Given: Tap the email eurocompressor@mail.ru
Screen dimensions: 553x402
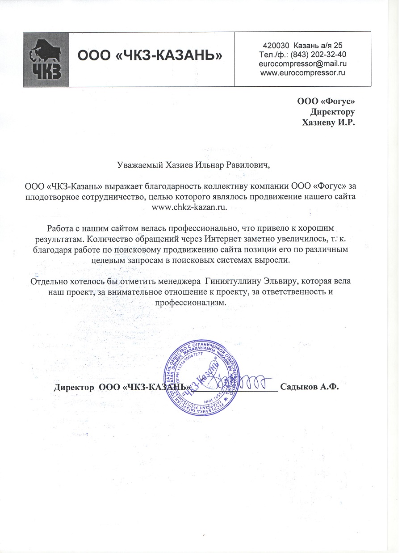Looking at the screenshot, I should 302,63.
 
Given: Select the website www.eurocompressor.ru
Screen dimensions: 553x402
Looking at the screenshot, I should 302,72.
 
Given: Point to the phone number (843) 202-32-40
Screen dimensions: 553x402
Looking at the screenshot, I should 318,55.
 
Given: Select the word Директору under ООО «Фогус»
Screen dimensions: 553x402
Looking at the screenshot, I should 332,112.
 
